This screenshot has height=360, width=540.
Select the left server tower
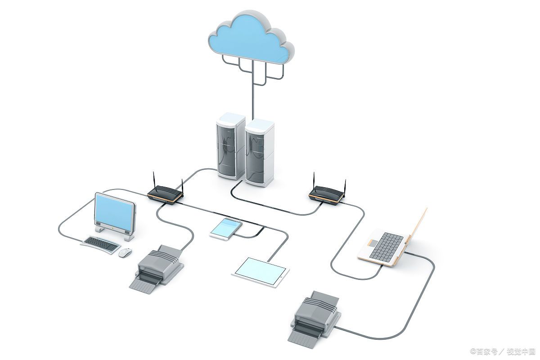pos(230,146)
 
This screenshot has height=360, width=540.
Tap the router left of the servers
pos(165,194)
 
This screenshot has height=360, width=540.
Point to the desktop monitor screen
pos(115,210)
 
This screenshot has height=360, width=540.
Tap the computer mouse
pos(125,252)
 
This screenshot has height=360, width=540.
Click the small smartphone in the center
pos(226,229)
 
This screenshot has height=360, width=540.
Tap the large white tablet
pos(260,272)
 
